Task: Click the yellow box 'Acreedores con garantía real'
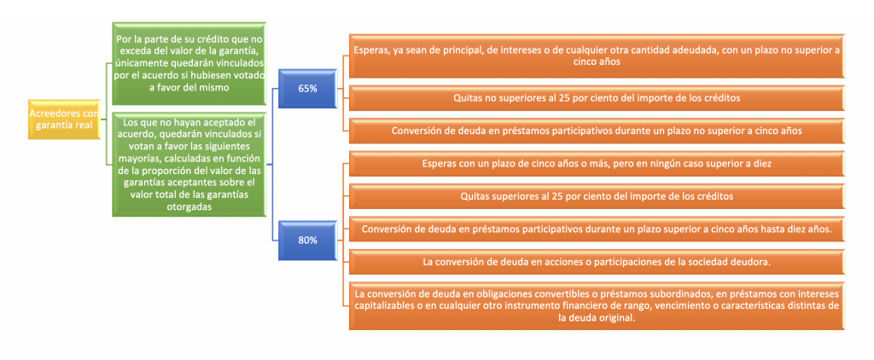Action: click(64, 119)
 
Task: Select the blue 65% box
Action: click(307, 90)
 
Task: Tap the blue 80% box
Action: click(307, 241)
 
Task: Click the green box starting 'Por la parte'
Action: click(189, 63)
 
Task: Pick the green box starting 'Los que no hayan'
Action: click(189, 165)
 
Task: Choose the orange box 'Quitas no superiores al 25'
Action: click(597, 99)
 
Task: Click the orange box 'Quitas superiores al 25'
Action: click(597, 196)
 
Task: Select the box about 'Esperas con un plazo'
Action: click(597, 164)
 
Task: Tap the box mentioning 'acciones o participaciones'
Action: click(597, 262)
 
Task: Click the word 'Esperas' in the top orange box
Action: click(372, 50)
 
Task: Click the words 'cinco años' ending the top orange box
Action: click(597, 62)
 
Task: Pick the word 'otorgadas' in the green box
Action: click(189, 206)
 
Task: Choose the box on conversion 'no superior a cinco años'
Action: click(597, 131)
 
